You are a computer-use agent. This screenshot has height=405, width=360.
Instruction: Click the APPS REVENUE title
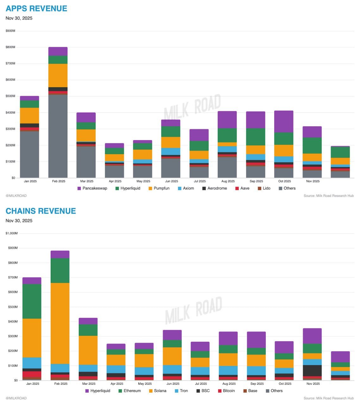tap(36, 9)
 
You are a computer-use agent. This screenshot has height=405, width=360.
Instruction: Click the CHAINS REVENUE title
tap(41, 211)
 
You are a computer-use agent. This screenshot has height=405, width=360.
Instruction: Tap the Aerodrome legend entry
tap(217, 188)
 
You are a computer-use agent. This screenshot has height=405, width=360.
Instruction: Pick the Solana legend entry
tap(160, 391)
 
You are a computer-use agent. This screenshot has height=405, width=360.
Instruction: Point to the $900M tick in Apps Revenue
tap(10, 31)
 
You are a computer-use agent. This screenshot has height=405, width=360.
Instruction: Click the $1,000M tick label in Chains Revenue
tap(12, 233)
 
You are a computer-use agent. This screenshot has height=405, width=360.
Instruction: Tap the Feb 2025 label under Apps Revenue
tap(59, 181)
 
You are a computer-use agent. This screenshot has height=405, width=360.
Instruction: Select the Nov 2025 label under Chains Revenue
tap(313, 384)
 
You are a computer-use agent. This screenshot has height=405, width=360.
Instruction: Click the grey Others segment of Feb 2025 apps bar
tap(58, 136)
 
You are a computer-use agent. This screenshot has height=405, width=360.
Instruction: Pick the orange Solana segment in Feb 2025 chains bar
tap(60, 323)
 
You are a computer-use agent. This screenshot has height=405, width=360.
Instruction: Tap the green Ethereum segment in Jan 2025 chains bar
tap(32, 301)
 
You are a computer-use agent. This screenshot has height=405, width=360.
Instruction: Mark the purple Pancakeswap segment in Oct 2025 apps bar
tap(284, 121)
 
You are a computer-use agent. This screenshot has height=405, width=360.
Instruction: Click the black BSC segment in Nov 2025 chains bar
tap(312, 371)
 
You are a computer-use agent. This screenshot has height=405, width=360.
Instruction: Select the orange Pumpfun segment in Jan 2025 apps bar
tap(29, 115)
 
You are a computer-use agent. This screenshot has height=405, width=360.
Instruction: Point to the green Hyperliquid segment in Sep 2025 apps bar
tap(256, 137)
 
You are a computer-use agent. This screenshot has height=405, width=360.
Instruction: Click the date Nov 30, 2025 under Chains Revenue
tap(19, 221)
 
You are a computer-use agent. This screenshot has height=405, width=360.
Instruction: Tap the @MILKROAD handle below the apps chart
tap(16, 196)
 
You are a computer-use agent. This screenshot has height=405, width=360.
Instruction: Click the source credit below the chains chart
tap(328, 398)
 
